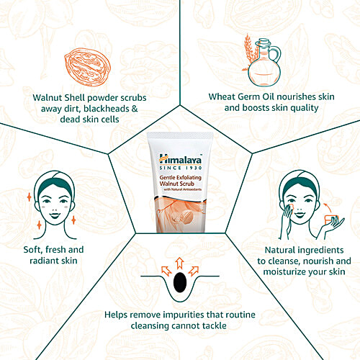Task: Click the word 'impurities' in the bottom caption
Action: pyautogui.click(x=189, y=315)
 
